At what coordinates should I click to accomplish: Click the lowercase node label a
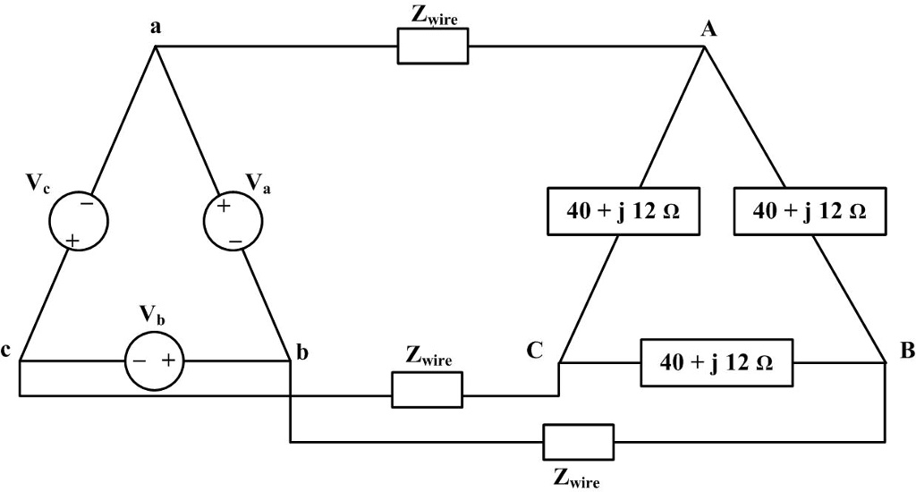point(156,28)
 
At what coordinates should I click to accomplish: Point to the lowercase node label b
point(302,352)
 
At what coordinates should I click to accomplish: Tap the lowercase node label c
point(6,352)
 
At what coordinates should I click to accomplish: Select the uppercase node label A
point(708,30)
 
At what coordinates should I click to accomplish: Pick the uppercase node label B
point(907,351)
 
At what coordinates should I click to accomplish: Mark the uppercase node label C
point(534,351)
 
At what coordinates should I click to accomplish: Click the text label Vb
point(152,315)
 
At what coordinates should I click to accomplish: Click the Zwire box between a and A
point(432,46)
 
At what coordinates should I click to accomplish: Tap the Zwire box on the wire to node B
point(578,442)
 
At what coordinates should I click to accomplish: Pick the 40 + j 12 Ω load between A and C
point(623,211)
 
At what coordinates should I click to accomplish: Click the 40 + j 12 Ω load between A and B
point(809,211)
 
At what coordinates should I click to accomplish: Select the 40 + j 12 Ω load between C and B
point(717,362)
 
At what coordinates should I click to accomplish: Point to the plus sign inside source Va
point(223,207)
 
